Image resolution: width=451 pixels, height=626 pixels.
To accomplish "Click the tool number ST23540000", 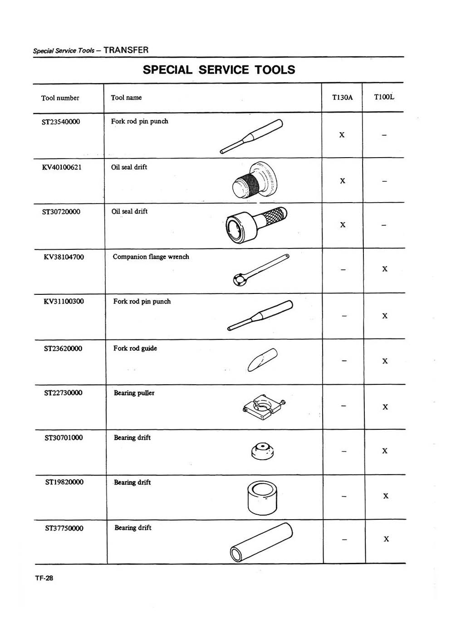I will [x=61, y=122].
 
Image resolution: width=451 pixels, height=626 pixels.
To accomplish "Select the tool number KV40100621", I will [x=62, y=167].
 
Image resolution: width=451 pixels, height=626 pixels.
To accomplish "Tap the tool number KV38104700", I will [x=64, y=257].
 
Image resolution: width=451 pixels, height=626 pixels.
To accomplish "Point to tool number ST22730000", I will [x=63, y=393].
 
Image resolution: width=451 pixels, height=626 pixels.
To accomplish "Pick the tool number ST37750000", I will [x=64, y=528].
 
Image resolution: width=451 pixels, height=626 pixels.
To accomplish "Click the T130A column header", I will [x=342, y=97].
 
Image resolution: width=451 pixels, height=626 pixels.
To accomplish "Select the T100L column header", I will [x=384, y=97].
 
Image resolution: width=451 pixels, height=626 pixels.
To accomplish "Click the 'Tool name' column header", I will [x=126, y=98].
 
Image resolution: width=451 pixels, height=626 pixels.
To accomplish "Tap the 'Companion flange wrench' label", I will [x=151, y=257].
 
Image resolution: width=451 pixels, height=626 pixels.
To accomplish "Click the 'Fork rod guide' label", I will [x=135, y=348].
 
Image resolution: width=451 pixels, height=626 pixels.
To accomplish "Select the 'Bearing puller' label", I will [x=134, y=393].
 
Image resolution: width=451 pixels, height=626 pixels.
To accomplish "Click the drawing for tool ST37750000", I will [x=261, y=542].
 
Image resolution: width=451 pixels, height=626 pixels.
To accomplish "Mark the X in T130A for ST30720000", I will [x=343, y=225].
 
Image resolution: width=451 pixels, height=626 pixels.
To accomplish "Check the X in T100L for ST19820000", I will [x=385, y=496].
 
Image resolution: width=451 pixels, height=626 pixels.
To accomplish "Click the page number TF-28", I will [x=44, y=578].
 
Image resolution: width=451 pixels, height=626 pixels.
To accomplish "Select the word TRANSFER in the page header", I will [x=126, y=50].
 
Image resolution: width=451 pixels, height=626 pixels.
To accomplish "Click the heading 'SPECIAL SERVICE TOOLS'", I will [x=219, y=70].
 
